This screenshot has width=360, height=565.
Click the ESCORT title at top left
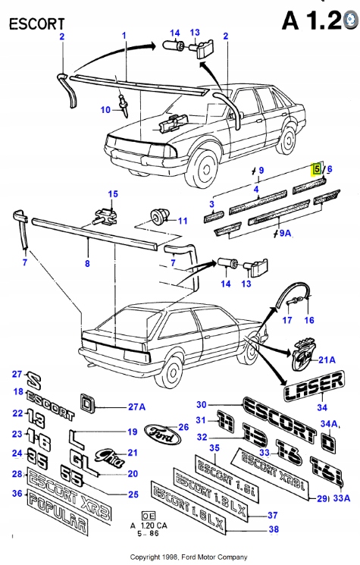coord(36,24)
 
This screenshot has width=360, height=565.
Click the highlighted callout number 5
coord(318,170)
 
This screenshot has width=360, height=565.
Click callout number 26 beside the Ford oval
coord(183,427)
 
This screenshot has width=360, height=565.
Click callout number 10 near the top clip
coord(105,109)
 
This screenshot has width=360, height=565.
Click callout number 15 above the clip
coord(113,194)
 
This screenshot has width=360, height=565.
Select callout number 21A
coord(327,359)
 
